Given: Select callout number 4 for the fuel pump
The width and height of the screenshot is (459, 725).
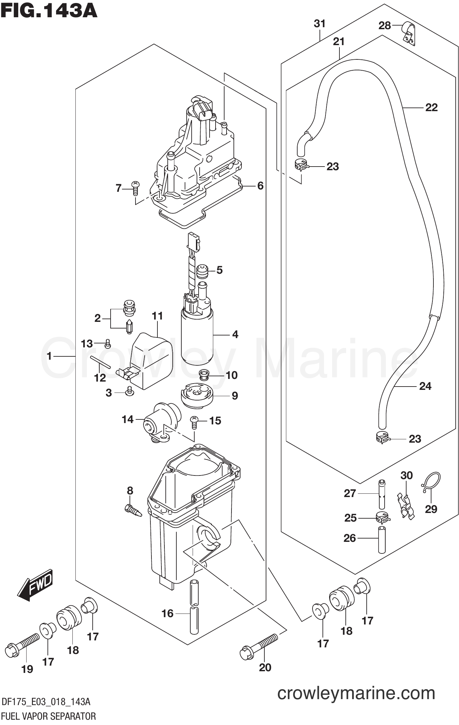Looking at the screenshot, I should tap(235, 334).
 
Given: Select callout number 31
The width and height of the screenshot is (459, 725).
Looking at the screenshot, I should tap(320, 24).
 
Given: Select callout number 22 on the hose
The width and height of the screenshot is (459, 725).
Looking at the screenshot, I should tap(431, 108).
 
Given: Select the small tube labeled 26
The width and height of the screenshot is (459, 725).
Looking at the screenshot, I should tap(383, 539).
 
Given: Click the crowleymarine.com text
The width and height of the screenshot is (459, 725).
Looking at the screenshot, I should tap(356, 693).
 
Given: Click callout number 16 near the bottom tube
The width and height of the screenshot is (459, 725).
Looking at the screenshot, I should tap(167, 613).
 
